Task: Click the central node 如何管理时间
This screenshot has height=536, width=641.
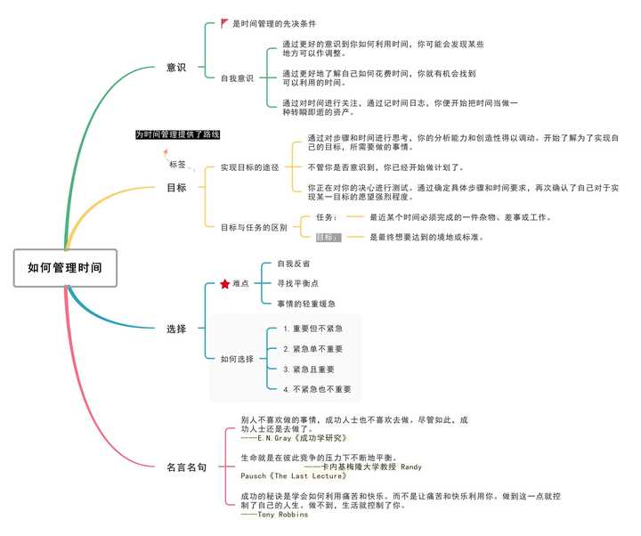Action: click(x=65, y=267)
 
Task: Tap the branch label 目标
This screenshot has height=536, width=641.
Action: click(x=176, y=188)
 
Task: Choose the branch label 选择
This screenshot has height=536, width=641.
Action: click(x=176, y=329)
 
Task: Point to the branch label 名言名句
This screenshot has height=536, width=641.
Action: click(x=187, y=466)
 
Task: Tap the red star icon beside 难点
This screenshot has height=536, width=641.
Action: click(x=225, y=284)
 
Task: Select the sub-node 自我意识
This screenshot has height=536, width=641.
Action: click(x=237, y=77)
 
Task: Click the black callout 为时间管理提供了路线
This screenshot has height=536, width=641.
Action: click(x=178, y=134)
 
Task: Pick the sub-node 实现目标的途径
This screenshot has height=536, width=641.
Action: click(x=250, y=167)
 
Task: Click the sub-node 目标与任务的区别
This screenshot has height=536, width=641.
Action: click(x=254, y=227)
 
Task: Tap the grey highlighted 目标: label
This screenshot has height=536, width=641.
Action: click(x=329, y=238)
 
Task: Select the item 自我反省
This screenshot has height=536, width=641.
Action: click(x=293, y=264)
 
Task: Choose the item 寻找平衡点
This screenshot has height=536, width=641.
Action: click(x=296, y=283)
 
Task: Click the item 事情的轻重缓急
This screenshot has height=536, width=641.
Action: click(x=305, y=304)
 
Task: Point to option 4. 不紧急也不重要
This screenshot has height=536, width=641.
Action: click(x=316, y=389)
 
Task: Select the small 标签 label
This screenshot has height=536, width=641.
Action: click(x=178, y=165)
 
